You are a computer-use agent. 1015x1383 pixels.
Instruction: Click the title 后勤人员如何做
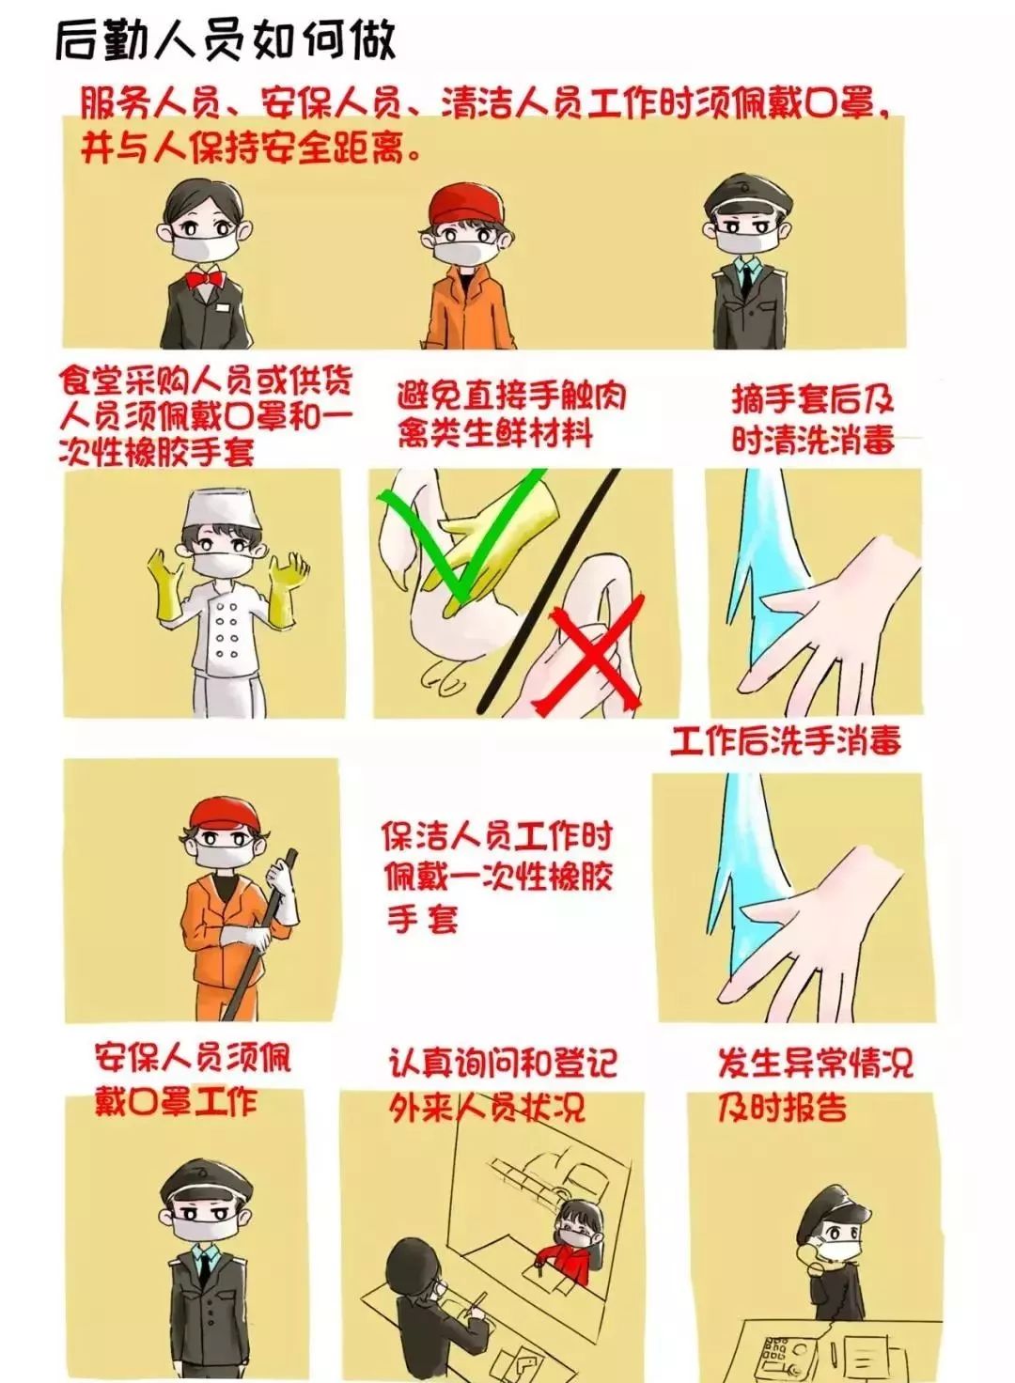[226, 42]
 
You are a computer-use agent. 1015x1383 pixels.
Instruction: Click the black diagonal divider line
[549, 589]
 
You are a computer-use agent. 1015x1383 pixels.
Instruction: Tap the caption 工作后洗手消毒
[786, 741]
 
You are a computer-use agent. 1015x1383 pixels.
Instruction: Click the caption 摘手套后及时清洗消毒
[813, 419]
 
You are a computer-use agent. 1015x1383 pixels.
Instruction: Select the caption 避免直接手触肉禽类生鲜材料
[511, 415]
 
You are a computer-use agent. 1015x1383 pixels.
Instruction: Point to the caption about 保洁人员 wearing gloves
[496, 876]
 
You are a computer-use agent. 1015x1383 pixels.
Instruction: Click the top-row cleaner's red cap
[466, 206]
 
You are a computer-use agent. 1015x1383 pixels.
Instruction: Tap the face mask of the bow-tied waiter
[205, 248]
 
